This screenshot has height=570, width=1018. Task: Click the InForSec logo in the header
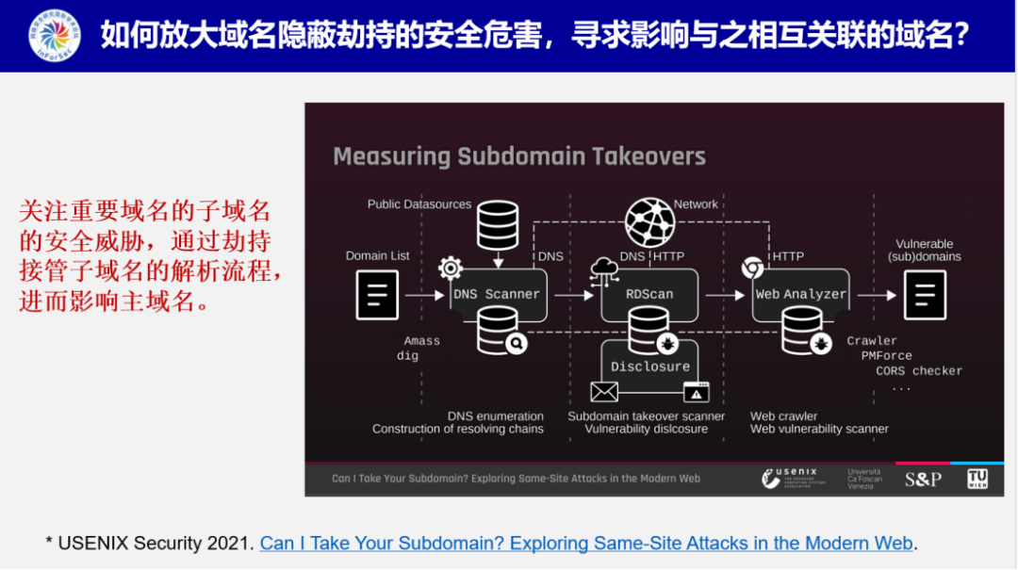pos(55,36)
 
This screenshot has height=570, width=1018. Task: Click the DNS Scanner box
pos(497,294)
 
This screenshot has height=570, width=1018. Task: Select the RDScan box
pos(649,294)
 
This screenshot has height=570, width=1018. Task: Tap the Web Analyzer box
pos(801,294)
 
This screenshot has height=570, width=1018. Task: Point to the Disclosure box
pos(649,366)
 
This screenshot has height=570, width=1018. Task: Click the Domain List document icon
pos(377,295)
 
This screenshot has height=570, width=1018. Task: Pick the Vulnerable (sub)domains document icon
pos(924,295)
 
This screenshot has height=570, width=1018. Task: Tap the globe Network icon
pos(649,222)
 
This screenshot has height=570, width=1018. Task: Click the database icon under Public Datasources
pos(498,226)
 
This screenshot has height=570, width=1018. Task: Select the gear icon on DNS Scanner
pos(451,269)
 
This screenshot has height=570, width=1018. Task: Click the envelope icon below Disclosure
pos(604,392)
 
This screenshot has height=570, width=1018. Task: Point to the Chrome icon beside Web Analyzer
pos(751,269)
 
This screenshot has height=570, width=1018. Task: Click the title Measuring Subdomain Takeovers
pos(519,156)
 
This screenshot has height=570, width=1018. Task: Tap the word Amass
pos(422,341)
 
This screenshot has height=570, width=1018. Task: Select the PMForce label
pos(886,356)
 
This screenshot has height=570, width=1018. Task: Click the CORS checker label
pos(919,371)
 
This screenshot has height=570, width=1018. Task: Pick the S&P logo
pos(923,479)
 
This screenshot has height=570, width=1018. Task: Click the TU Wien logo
pos(977,479)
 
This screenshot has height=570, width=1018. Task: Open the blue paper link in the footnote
pos(586,544)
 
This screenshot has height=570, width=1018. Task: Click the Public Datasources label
pos(419,204)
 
